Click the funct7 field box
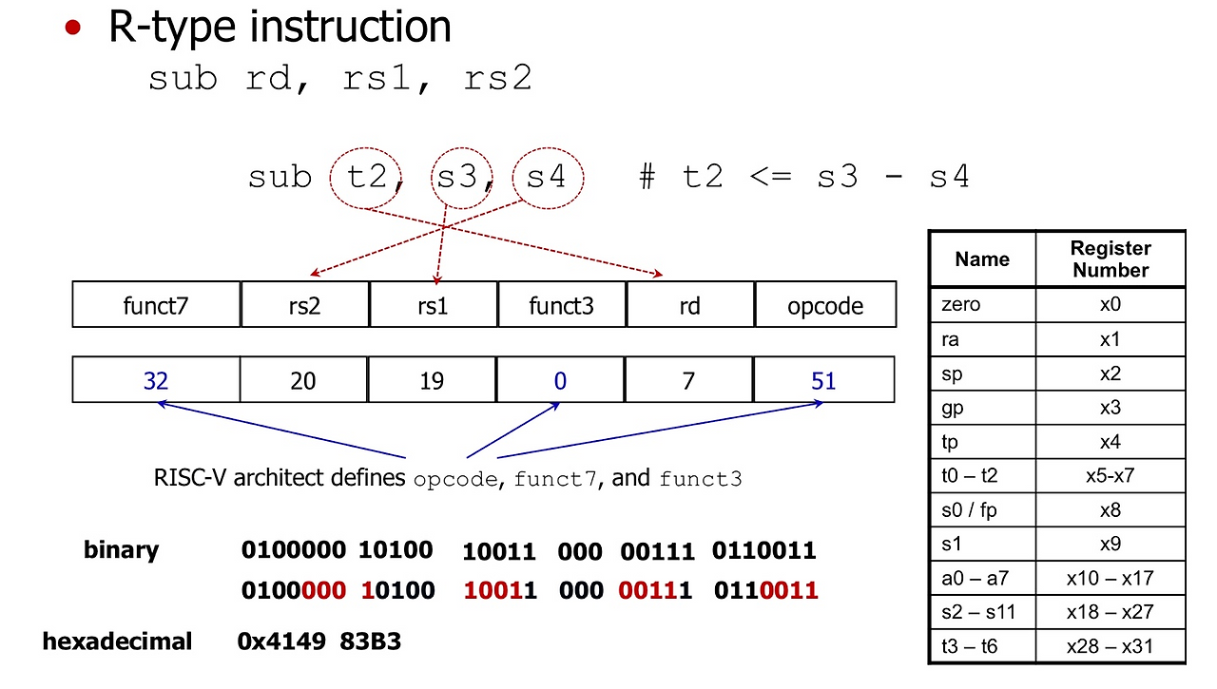point(156,305)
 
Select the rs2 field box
point(304,305)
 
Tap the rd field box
point(689,305)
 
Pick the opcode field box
point(825,305)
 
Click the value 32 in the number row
point(156,381)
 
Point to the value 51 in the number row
point(823,381)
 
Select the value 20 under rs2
point(303,381)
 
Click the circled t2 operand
point(366,178)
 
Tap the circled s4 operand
point(547,178)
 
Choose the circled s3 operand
point(458,178)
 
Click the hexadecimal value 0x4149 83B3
point(319,641)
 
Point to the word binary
point(121,550)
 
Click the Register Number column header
point(1111,258)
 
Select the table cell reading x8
point(1111,510)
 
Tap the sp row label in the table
point(952,373)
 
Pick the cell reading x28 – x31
point(1111,646)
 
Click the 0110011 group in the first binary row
point(763,550)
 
